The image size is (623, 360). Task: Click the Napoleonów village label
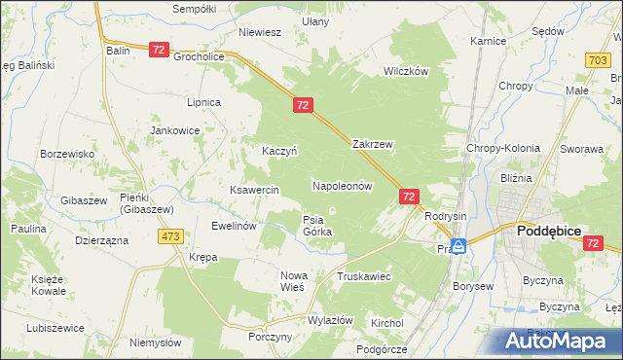[343, 185]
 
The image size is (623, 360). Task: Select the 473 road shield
[172, 236]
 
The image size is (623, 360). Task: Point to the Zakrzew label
[372, 144]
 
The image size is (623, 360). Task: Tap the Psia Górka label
[317, 226]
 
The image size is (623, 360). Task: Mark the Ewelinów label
[234, 225]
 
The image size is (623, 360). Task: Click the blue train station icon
[458, 246]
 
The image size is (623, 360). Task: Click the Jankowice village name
[174, 129]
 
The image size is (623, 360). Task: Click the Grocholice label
[199, 56]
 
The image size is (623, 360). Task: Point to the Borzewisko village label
[66, 154]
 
